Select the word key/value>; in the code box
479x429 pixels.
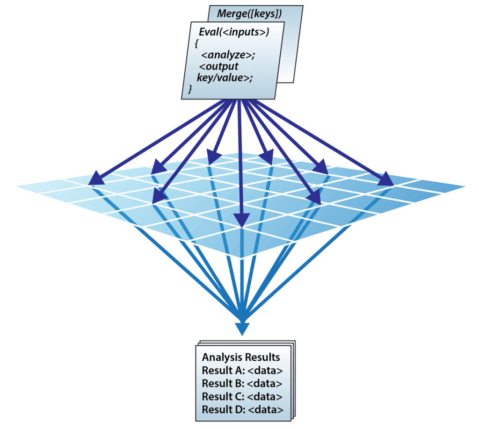[225, 78]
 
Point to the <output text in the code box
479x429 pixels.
[218, 67]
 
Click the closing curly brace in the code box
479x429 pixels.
[190, 89]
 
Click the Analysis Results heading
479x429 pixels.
[241, 357]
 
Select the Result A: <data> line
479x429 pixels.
[242, 371]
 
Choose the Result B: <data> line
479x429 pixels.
[242, 384]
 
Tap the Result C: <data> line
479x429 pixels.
[242, 397]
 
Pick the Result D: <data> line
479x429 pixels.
[242, 410]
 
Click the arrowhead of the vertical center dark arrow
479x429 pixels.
[241, 220]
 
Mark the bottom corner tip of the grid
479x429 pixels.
[241, 258]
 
